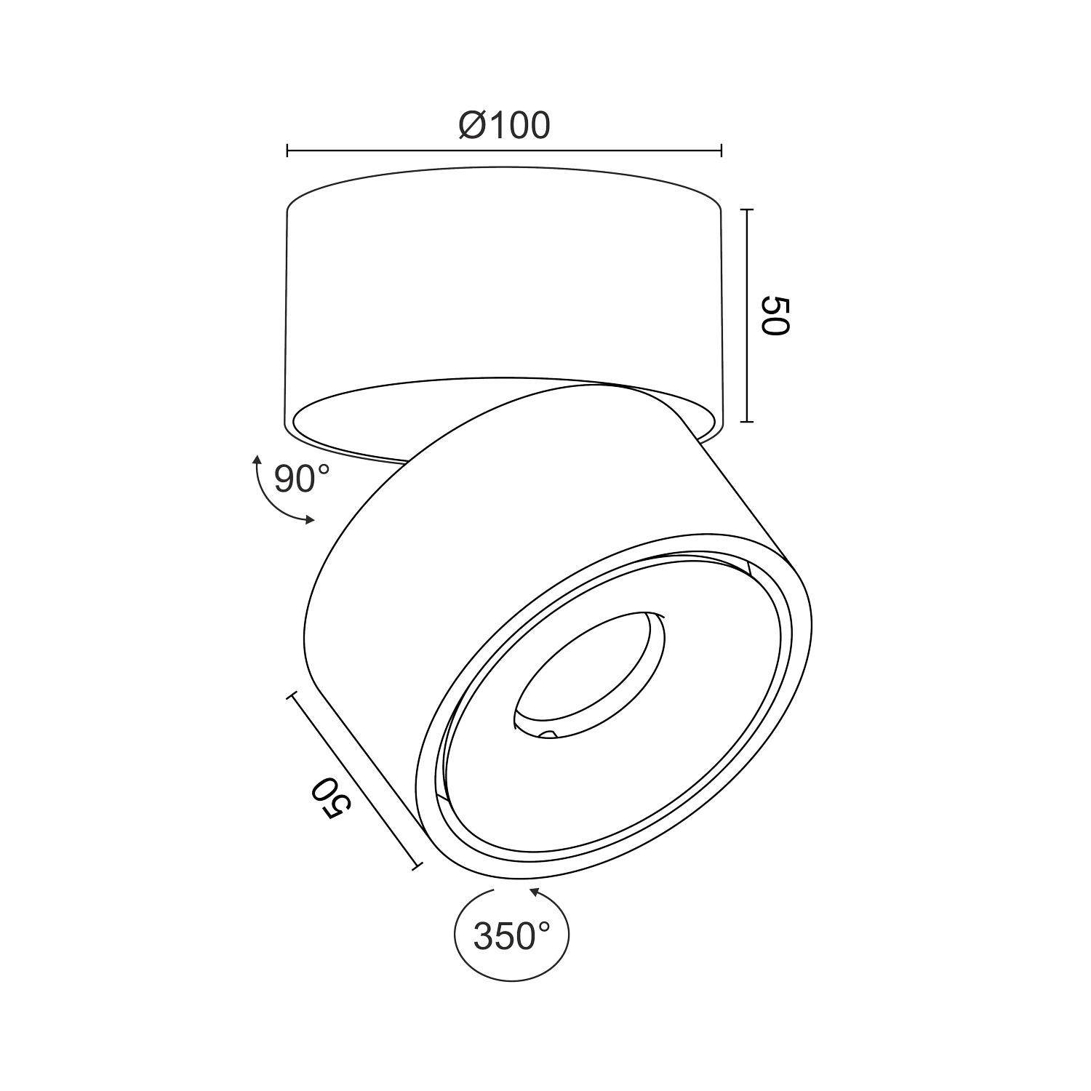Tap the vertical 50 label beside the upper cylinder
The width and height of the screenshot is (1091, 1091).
pos(774,316)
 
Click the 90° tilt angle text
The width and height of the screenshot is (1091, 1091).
pos(302,478)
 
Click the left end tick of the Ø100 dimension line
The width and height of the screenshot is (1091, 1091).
pos(288,151)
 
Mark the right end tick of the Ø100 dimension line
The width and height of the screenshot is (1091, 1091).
pos(721,151)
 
